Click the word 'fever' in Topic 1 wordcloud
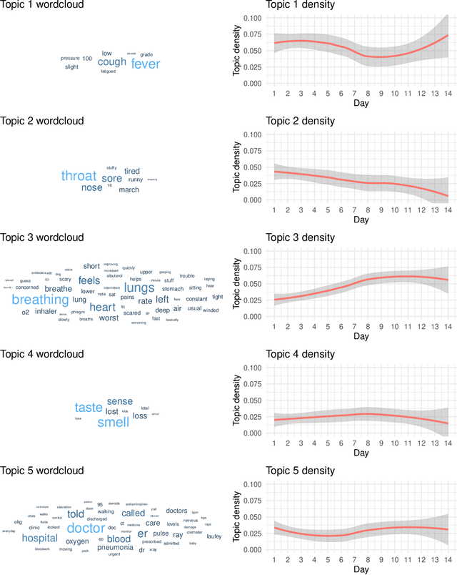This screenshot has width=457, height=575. (146, 64)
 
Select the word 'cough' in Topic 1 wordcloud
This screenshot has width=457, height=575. (111, 62)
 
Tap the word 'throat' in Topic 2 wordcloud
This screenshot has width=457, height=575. (79, 176)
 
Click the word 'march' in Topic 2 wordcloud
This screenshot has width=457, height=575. (129, 190)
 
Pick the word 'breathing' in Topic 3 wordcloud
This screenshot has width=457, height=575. (40, 300)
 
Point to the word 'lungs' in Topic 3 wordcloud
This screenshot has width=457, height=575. (139, 287)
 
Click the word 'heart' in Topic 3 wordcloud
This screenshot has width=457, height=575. (102, 307)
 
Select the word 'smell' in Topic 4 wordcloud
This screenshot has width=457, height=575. (112, 422)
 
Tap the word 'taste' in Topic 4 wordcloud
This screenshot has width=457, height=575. (89, 408)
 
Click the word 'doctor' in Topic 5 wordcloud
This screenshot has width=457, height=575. (86, 528)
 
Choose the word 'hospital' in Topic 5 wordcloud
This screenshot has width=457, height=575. (39, 538)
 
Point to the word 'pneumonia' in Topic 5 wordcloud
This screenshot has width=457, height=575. (115, 547)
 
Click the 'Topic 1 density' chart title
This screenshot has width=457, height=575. (300, 5)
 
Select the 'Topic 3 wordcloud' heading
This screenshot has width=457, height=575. (41, 237)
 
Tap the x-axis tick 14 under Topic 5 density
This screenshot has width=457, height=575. (448, 559)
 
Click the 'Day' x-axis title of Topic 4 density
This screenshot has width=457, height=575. (361, 453)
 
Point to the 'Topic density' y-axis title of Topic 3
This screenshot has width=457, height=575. (237, 283)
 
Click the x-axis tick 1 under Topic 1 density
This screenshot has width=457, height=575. (274, 92)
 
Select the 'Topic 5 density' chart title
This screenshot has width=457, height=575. (300, 471)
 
